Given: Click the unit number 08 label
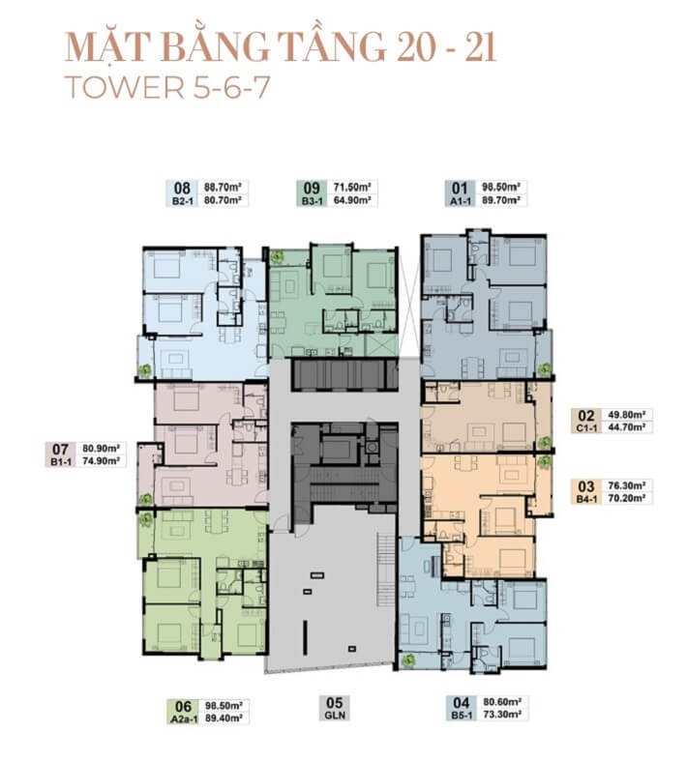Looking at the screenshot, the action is (x=181, y=188).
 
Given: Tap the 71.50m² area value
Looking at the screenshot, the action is (x=352, y=187).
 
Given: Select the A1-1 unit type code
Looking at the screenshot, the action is (x=460, y=200).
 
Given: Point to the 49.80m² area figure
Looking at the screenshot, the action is (x=626, y=415).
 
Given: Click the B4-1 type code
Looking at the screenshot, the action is (x=586, y=499).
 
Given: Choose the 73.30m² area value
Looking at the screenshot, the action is (x=502, y=714).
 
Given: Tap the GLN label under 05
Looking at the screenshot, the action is (x=335, y=715).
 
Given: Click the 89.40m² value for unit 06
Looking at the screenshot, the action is (x=224, y=718).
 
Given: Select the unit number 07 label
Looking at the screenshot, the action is (x=60, y=449).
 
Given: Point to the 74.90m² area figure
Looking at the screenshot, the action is (x=102, y=460).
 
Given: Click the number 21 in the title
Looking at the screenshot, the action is (x=479, y=47).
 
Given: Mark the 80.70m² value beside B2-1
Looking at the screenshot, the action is (x=223, y=199).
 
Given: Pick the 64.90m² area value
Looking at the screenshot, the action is (x=352, y=199).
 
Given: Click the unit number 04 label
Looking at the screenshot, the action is (x=461, y=703).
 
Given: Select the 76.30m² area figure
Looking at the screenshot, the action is (x=626, y=485).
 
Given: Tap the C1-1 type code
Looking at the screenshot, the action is (x=586, y=428).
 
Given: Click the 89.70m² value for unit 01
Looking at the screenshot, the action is (x=501, y=199).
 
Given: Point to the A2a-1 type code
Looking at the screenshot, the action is (x=184, y=718).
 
